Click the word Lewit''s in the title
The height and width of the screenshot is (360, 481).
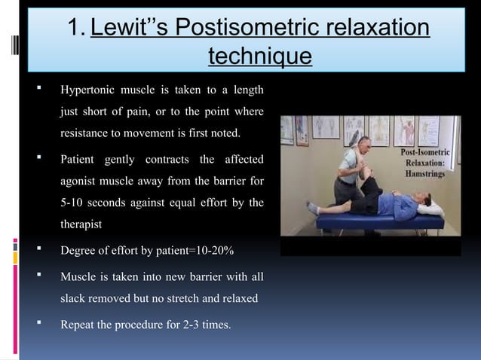(x=130, y=29)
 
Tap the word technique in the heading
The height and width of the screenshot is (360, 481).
(x=259, y=56)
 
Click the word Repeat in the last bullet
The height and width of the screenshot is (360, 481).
(x=78, y=325)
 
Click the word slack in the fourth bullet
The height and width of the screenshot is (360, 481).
(x=76, y=298)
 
